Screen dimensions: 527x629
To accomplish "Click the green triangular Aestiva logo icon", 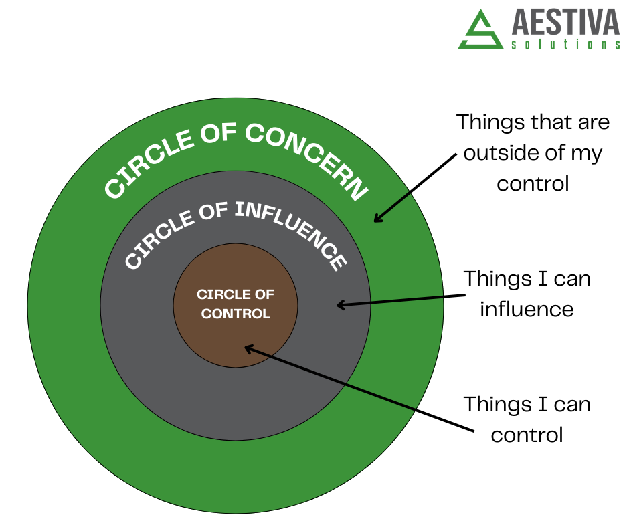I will point(480,30).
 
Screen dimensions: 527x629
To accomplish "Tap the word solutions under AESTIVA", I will point(566,45).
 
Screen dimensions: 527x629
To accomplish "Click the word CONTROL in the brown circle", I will point(236,314).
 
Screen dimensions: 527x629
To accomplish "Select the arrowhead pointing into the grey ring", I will point(340,305).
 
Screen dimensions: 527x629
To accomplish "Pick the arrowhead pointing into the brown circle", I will point(248,348).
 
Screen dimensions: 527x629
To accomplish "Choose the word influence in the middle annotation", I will point(527,309).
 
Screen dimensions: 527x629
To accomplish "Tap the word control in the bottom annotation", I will point(527,435).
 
